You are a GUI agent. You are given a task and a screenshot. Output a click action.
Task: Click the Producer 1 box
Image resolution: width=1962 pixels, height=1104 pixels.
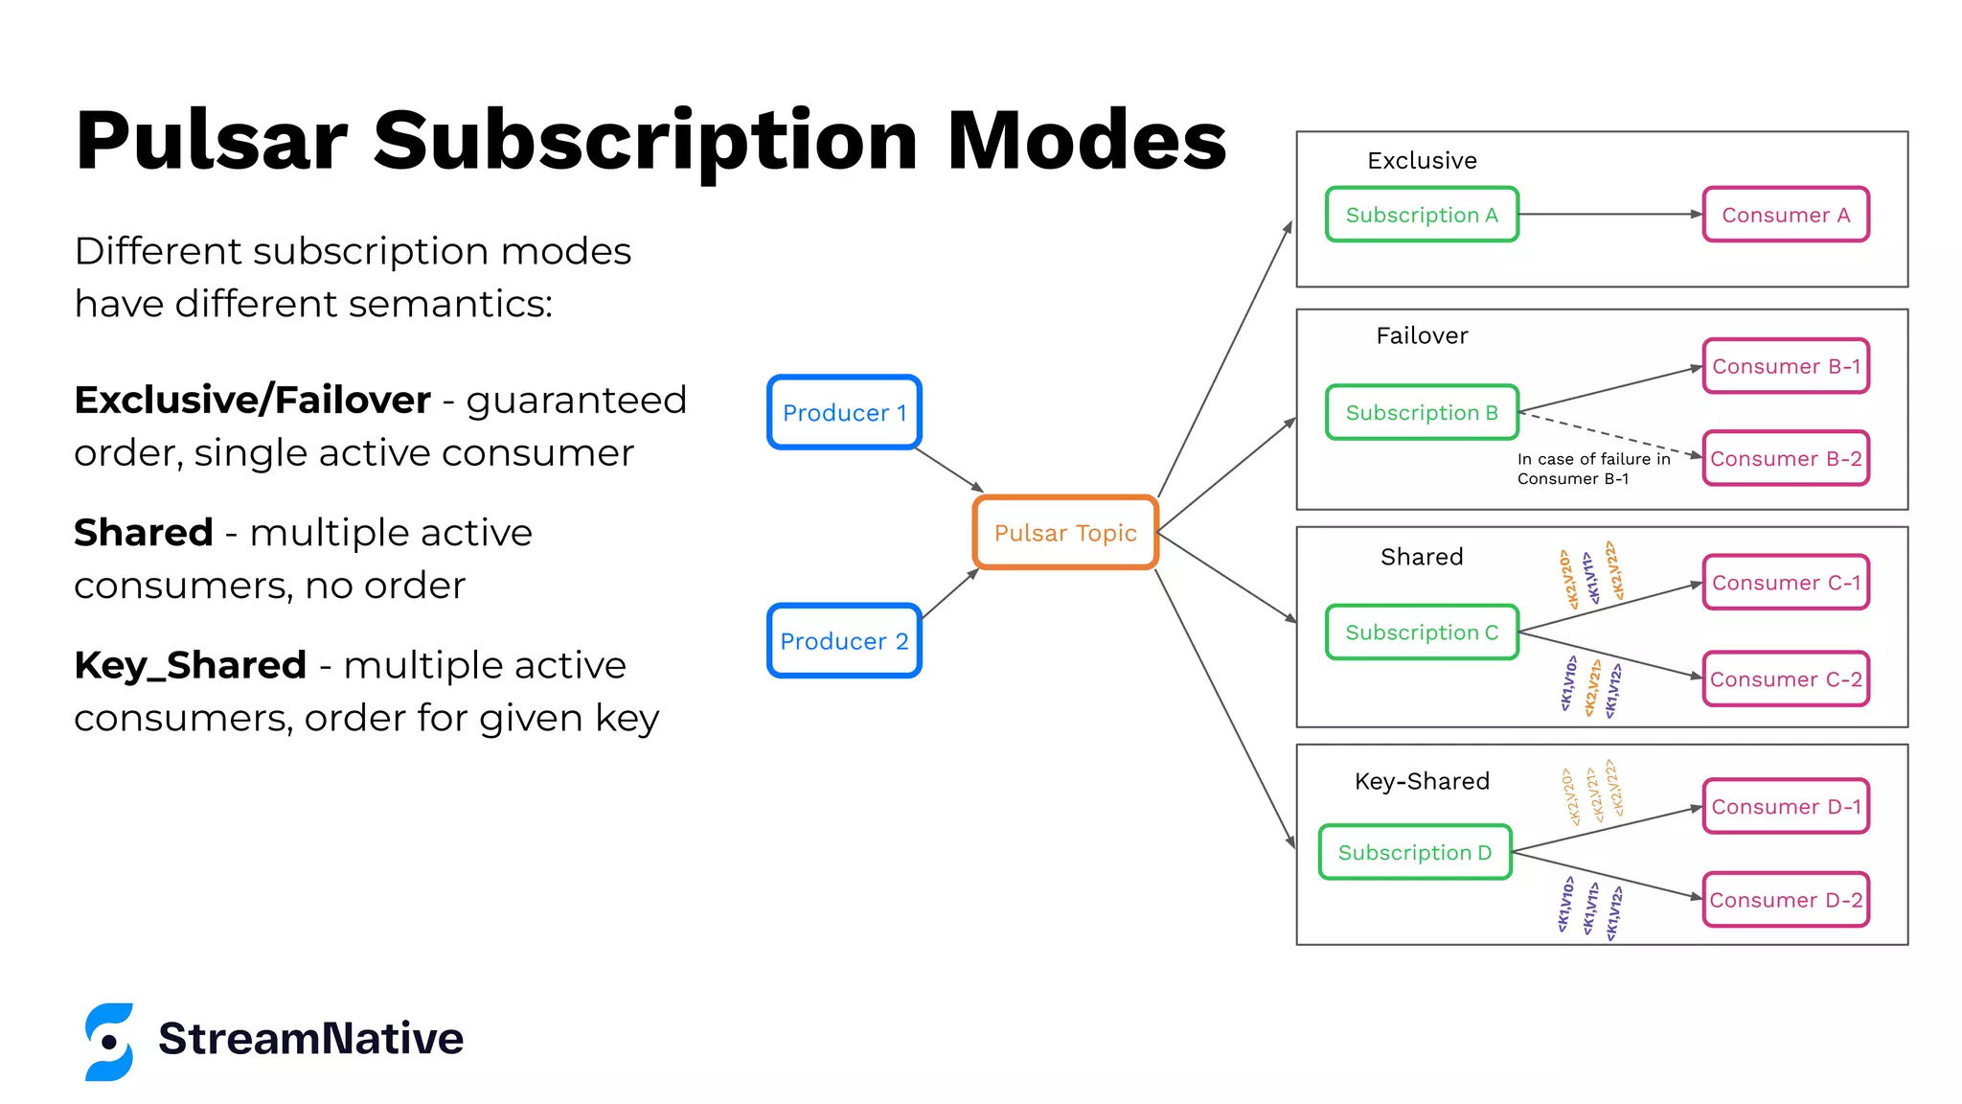click(x=844, y=412)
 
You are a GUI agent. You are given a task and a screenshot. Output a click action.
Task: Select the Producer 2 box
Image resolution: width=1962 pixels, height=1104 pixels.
click(x=844, y=640)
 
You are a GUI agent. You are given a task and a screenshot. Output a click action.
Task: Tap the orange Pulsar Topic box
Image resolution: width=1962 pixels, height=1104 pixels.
click(x=1065, y=533)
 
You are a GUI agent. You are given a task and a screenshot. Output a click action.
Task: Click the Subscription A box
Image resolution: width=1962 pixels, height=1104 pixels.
click(x=1422, y=215)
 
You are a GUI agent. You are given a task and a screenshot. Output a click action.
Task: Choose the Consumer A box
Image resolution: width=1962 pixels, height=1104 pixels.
click(x=1786, y=215)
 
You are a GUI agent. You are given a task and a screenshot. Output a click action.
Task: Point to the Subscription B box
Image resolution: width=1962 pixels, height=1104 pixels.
click(x=1422, y=412)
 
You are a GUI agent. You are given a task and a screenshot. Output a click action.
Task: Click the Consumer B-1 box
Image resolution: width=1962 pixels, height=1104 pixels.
click(x=1786, y=366)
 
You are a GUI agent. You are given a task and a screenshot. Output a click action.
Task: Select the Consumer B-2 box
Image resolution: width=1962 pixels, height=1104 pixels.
click(x=1786, y=459)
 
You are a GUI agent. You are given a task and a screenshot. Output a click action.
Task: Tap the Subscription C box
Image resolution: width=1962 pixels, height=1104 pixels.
click(x=1422, y=632)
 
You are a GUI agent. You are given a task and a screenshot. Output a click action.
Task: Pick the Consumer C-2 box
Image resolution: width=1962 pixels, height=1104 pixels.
click(x=1786, y=679)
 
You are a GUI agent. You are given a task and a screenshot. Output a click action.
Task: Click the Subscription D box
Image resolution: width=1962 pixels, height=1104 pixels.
click(x=1415, y=852)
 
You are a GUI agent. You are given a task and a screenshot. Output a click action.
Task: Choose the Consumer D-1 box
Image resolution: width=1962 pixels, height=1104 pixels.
click(x=1786, y=807)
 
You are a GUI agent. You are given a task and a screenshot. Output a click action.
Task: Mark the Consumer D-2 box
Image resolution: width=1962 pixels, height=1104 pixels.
click(x=1786, y=900)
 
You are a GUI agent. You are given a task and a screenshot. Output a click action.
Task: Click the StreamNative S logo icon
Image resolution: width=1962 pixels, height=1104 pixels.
click(x=109, y=1042)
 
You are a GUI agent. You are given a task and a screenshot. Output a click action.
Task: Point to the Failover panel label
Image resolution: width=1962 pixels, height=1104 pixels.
click(x=1422, y=335)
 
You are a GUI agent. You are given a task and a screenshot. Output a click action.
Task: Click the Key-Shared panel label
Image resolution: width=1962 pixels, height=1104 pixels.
click(x=1422, y=781)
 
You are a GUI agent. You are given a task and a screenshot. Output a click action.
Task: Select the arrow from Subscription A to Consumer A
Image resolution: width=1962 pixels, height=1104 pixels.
click(x=1609, y=215)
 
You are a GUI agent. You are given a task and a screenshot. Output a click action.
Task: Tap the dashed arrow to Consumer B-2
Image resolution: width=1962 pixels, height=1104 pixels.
click(x=1609, y=434)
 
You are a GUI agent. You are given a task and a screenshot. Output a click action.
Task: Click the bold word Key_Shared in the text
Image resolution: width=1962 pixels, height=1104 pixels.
click(x=190, y=665)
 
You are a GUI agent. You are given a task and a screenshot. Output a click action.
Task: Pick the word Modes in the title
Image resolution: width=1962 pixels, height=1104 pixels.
click(x=1086, y=141)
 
